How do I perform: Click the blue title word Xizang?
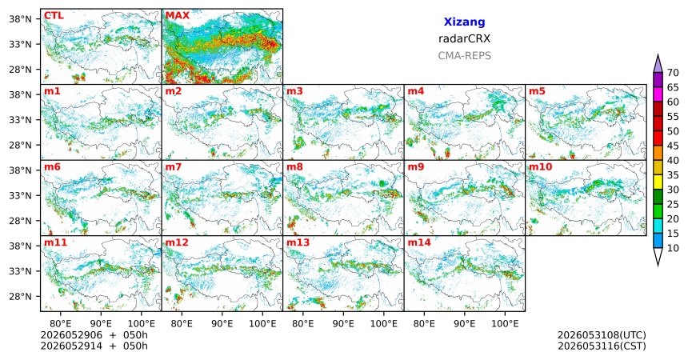tap(464, 22)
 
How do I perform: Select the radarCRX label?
tap(464, 38)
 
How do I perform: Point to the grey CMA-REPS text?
tap(464, 56)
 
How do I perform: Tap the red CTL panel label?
tap(54, 16)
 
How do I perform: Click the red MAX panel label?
tap(178, 16)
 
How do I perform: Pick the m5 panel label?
tap(537, 91)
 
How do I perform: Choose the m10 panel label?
tap(540, 167)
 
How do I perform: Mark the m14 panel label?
tap(419, 242)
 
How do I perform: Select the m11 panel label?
tap(55, 242)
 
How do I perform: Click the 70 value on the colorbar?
tap(673, 73)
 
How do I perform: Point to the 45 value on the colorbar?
tap(673, 146)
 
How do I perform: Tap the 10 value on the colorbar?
tap(673, 248)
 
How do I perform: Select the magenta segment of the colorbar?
tap(658, 94)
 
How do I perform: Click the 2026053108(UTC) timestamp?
tap(602, 335)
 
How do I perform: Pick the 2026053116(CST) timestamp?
tap(602, 346)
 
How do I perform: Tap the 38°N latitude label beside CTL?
tap(21, 19)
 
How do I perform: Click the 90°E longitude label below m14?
tap(465, 324)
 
